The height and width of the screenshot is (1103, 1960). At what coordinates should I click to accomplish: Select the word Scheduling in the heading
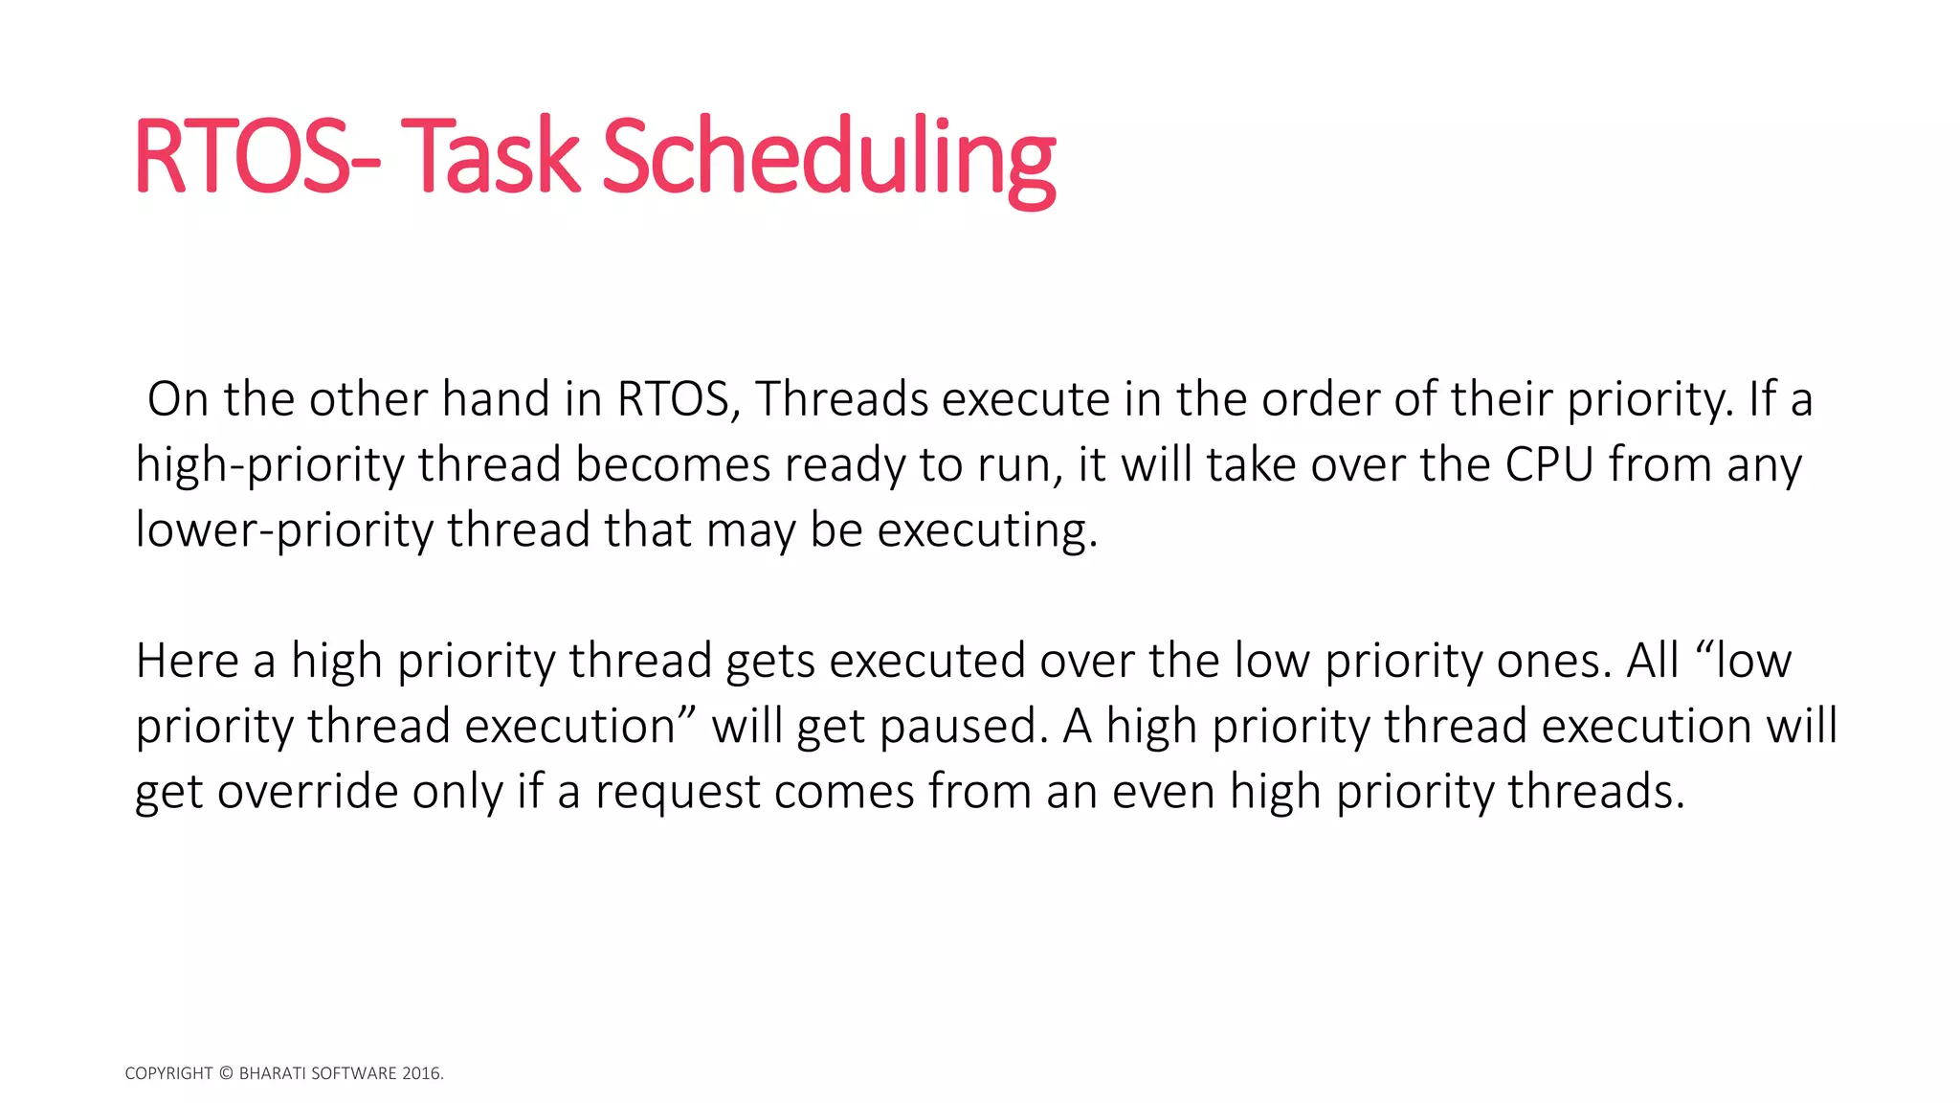coord(828,158)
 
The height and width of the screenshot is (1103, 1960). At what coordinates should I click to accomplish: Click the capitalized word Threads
coord(841,399)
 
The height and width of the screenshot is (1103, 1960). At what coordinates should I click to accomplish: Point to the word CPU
coord(1549,464)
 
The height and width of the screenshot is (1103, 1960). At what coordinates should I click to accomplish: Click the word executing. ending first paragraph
coord(987,530)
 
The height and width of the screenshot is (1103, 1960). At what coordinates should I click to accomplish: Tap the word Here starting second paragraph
coord(188,661)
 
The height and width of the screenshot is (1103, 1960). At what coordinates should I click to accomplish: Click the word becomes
coord(672,464)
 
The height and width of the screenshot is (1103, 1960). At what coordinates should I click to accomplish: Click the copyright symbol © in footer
coord(226,1073)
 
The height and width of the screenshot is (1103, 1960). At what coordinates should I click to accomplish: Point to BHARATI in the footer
coord(270,1073)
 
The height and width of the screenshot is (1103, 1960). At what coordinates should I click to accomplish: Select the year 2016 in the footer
coord(420,1073)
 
